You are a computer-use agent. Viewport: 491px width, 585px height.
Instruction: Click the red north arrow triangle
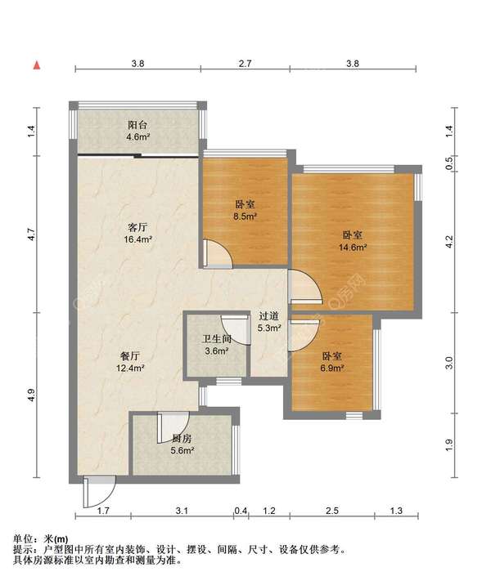(x=37, y=65)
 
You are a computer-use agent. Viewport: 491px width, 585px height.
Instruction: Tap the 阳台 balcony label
(x=137, y=125)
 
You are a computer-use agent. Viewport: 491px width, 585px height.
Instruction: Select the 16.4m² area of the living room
(x=137, y=239)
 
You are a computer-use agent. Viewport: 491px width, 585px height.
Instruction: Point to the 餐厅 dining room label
(x=130, y=356)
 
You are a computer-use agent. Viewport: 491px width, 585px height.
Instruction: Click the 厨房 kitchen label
(x=182, y=439)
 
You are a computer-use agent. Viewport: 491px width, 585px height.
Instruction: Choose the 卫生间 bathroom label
(x=217, y=339)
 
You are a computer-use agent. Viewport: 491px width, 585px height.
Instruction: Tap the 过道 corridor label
(x=269, y=316)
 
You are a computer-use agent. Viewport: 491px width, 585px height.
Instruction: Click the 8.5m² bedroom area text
(x=245, y=216)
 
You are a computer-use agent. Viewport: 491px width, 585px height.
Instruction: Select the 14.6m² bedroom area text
(x=353, y=247)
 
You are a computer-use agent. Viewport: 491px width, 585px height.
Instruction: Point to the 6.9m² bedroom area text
(x=332, y=368)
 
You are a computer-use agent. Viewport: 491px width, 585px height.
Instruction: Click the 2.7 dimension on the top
(x=245, y=64)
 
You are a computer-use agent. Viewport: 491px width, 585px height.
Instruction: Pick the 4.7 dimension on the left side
(x=31, y=234)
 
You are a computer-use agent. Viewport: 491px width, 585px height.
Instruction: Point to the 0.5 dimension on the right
(x=449, y=163)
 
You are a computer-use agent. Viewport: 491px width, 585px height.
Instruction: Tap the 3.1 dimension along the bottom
(x=182, y=511)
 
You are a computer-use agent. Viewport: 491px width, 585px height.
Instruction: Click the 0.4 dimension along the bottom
(x=241, y=511)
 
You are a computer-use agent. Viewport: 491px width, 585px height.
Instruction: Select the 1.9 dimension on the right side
(x=449, y=444)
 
